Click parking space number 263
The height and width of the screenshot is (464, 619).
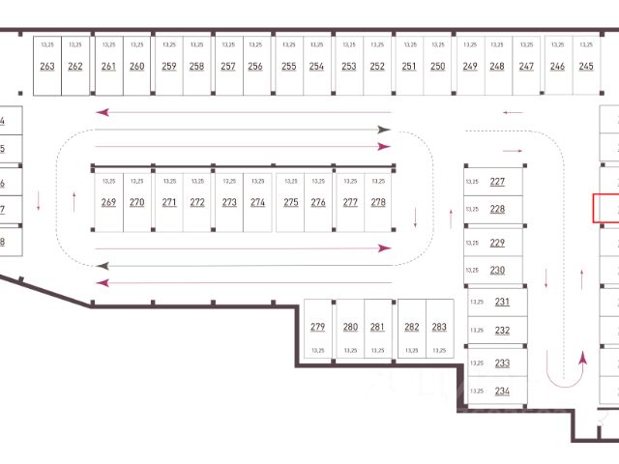pyautogui.click(x=47, y=66)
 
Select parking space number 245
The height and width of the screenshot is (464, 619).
pyautogui.click(x=586, y=66)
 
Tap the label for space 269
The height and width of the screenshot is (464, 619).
pyautogui.click(x=108, y=202)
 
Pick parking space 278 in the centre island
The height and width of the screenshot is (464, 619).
pyautogui.click(x=378, y=202)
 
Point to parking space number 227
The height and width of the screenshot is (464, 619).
pyautogui.click(x=497, y=182)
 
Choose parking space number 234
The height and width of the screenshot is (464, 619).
pyautogui.click(x=502, y=391)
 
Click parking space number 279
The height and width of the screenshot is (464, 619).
pyautogui.click(x=318, y=327)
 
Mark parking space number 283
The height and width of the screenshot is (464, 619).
pyautogui.click(x=439, y=327)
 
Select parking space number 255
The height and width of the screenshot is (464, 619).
pyautogui.click(x=288, y=66)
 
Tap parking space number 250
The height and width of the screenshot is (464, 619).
pyautogui.click(x=438, y=66)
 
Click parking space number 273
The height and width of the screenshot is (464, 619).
pyautogui.click(x=229, y=202)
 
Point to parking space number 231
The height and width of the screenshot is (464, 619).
pyautogui.click(x=502, y=302)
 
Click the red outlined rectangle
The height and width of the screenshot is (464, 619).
pyautogui.click(x=605, y=207)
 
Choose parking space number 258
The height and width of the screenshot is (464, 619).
pyautogui.click(x=196, y=66)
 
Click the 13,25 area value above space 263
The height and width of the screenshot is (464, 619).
pyautogui.click(x=47, y=44)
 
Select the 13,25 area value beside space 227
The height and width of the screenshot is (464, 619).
pyautogui.click(x=473, y=182)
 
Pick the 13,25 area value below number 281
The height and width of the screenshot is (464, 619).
pyautogui.click(x=377, y=350)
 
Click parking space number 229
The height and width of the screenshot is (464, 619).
pyautogui.click(x=497, y=243)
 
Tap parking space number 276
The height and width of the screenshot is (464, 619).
pyautogui.click(x=318, y=202)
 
